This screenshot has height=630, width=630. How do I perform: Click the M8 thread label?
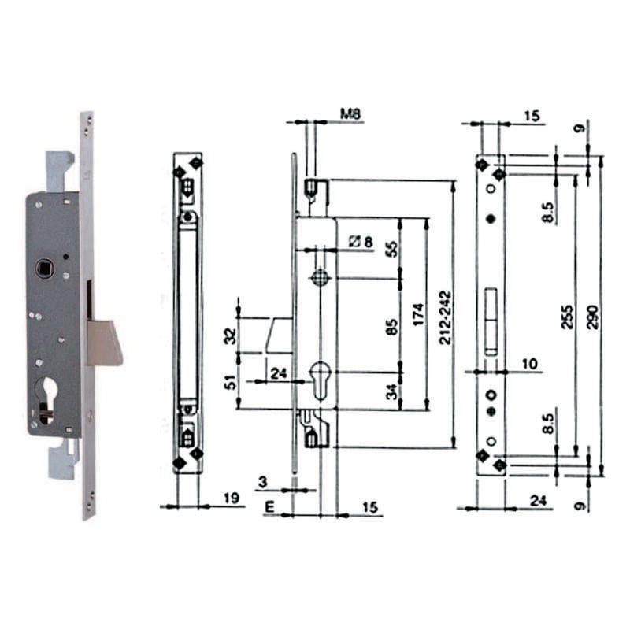click(x=350, y=114)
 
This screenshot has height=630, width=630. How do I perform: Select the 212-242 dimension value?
click(x=445, y=318)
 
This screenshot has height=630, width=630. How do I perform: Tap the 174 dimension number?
click(x=418, y=315)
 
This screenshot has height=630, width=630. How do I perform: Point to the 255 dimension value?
click(x=567, y=317)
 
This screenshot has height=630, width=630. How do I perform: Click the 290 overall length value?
click(x=593, y=317)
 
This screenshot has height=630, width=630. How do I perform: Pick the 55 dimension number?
click(x=392, y=249)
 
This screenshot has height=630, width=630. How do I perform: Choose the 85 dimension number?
click(x=392, y=326)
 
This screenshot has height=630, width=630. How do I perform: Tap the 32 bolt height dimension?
click(x=228, y=336)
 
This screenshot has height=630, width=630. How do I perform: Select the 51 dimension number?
click(x=228, y=382)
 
